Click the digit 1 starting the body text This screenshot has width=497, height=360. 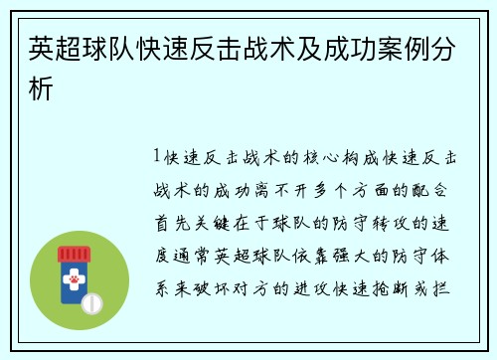159,157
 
